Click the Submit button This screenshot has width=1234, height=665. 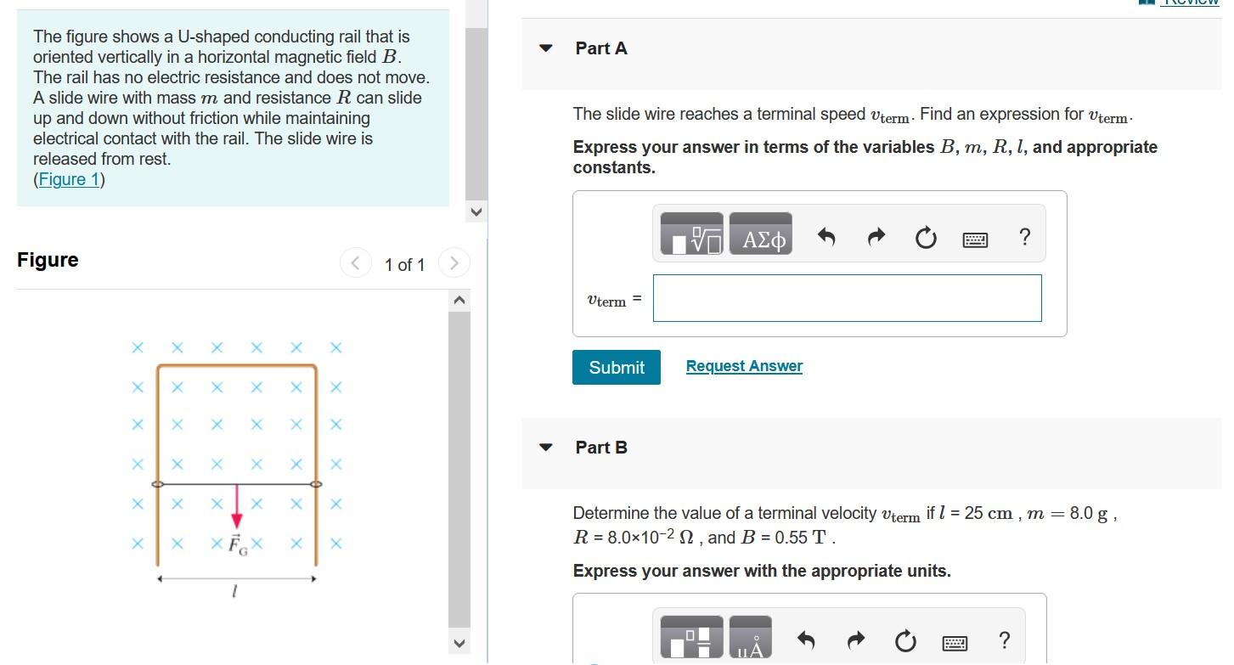pos(616,367)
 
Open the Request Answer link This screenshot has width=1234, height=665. pos(744,366)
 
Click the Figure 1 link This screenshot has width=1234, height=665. pos(69,179)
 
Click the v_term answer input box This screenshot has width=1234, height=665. pos(847,298)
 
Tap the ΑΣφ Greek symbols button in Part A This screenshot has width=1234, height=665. pos(761,234)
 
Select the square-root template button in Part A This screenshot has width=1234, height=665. pos(691,234)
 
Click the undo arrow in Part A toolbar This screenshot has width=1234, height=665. pos(826,237)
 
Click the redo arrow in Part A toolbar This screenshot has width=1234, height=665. pos(876,237)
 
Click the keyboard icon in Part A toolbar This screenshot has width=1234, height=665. pos(975,240)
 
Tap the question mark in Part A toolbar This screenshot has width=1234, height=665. pos(1025,237)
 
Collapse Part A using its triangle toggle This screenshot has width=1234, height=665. pos(545,48)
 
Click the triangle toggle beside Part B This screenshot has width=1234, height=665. pos(545,448)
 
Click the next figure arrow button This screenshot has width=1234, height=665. pos(454,262)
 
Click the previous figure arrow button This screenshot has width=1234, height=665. pos(355,262)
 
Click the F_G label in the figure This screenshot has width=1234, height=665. pos(238,544)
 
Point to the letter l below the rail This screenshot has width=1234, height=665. pos(234,591)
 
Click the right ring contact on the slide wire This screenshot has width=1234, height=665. pos(316,484)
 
